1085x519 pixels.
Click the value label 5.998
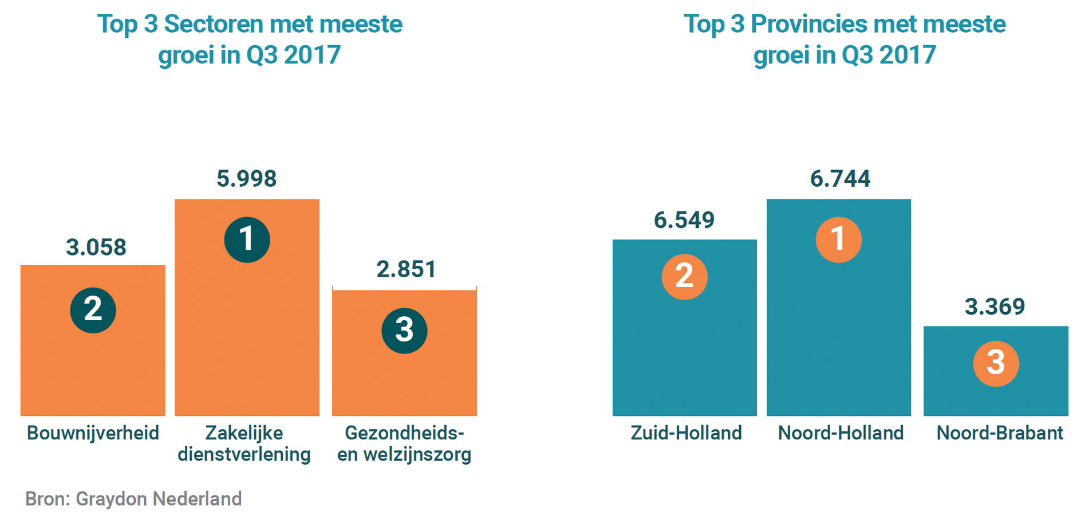247,179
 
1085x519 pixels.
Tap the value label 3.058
96,247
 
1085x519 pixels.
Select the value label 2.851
407,269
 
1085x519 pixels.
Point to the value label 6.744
840,179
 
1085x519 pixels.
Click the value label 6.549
684,220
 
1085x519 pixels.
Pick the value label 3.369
995,307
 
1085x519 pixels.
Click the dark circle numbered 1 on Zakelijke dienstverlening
247,239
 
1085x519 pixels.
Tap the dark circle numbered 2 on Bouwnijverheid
93,310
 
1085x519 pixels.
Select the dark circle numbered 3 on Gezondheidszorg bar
404,331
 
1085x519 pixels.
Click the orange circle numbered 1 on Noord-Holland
839,239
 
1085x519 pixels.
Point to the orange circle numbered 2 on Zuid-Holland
685,277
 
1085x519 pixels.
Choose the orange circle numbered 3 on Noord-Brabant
996,363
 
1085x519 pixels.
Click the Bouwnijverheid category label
93,433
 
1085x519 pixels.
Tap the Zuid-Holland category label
686,433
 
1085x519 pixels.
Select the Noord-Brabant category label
1000,433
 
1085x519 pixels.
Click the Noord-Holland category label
841,433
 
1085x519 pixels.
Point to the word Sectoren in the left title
214,24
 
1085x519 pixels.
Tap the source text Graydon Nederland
159,499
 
